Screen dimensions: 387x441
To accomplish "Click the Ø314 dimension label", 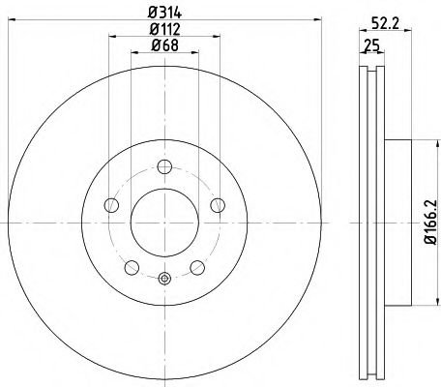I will pyautogui.click(x=164, y=14).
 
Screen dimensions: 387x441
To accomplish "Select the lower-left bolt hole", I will pyautogui.click(x=132, y=265).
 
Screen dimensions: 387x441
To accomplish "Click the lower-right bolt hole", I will pyautogui.click(x=196, y=265).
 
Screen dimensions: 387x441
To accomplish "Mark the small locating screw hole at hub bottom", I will pyautogui.click(x=164, y=281).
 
